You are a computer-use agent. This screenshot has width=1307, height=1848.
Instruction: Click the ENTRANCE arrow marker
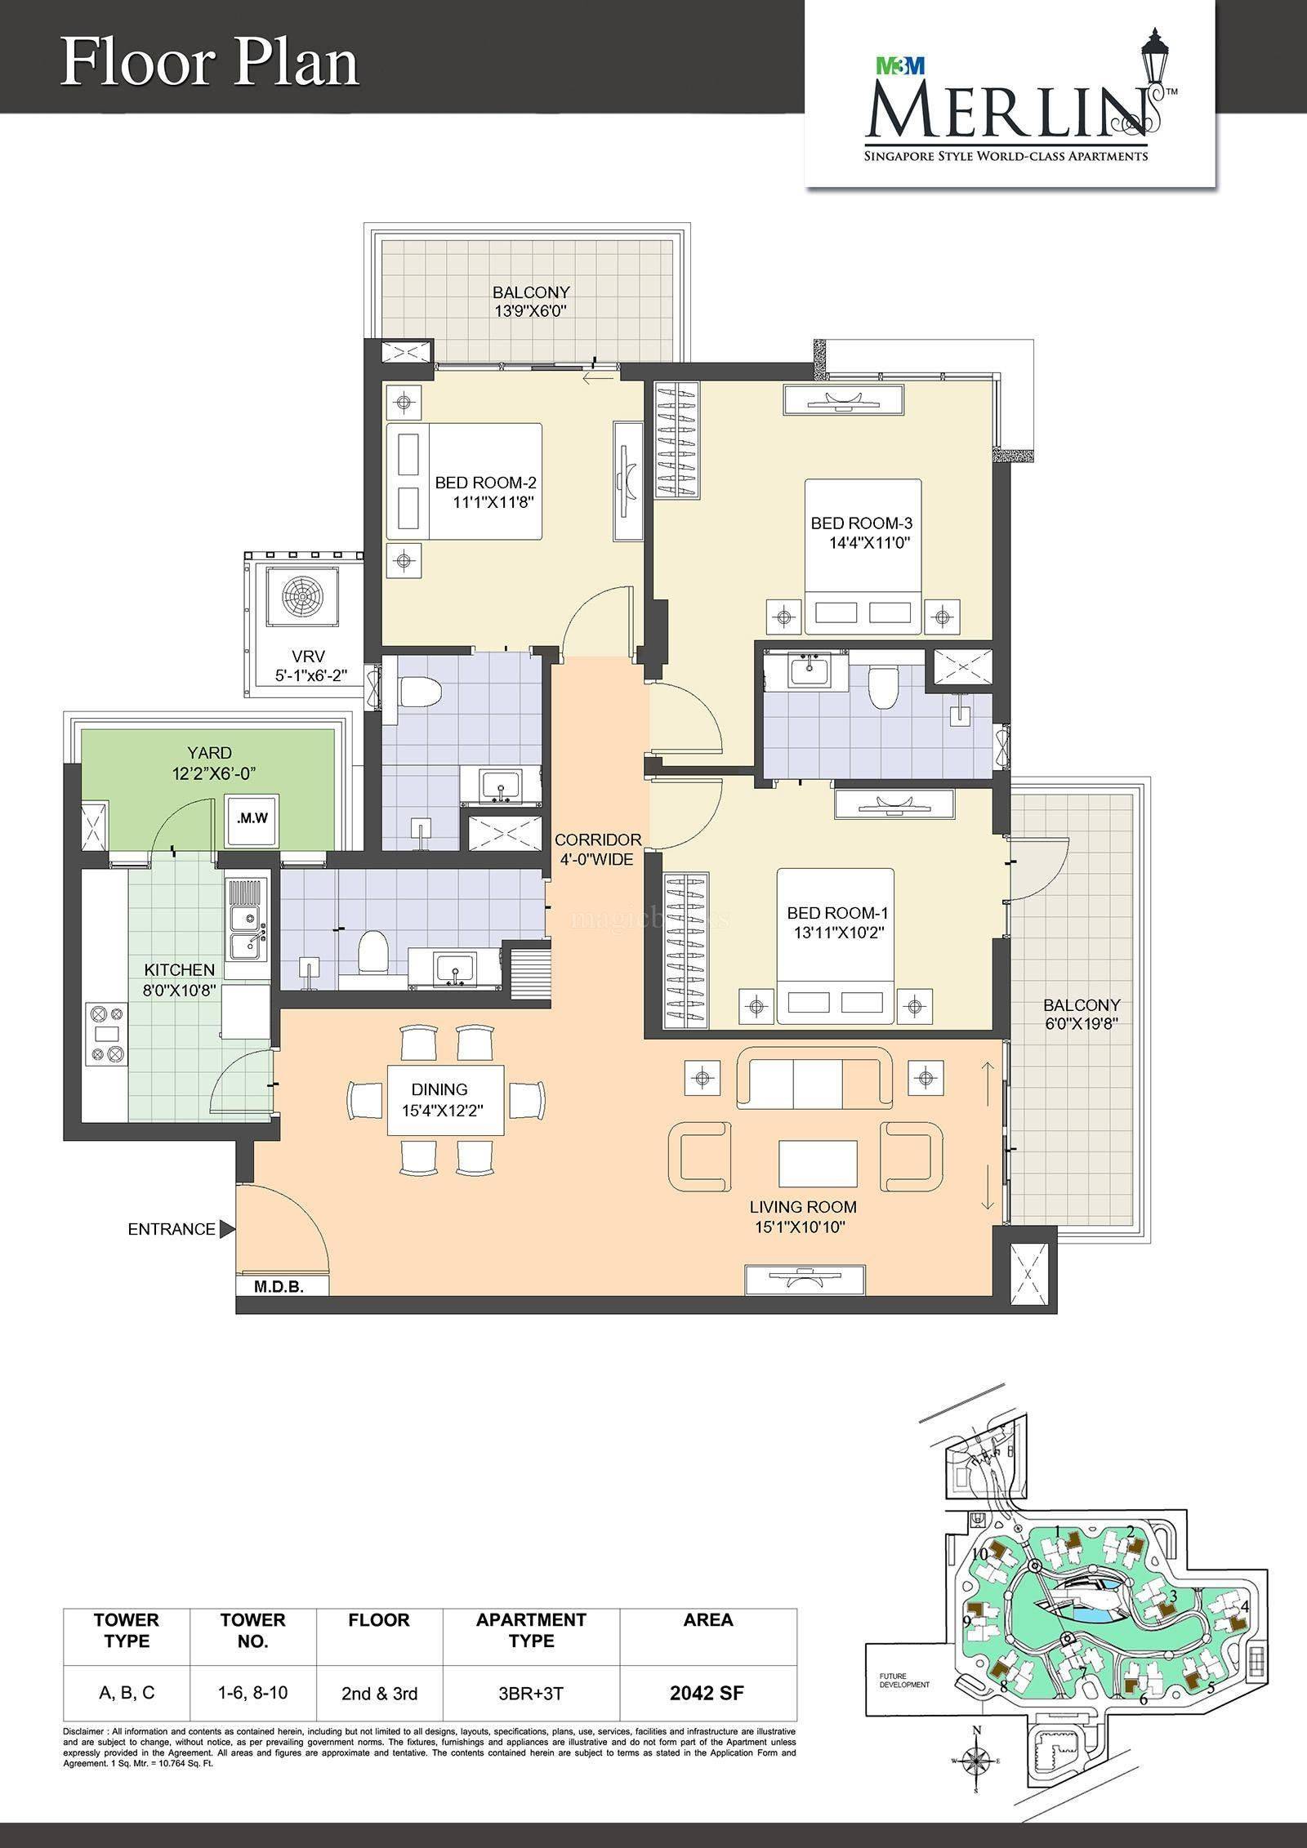click(x=228, y=1229)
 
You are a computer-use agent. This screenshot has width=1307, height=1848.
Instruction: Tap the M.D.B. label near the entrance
click(x=279, y=1288)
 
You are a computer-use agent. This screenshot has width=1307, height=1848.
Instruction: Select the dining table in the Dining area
click(x=445, y=1098)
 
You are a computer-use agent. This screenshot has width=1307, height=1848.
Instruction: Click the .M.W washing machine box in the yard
click(x=252, y=817)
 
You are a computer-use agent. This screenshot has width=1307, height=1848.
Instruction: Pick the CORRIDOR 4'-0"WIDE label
click(x=598, y=848)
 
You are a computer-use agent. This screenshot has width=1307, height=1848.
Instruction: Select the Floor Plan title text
click(x=210, y=65)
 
